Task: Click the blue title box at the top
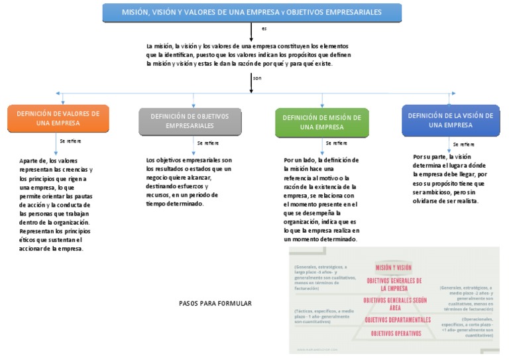point(252,12)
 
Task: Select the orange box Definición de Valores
point(58,118)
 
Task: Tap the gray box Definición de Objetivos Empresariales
point(190,121)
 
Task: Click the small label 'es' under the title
point(264,29)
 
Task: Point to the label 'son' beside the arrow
point(257,78)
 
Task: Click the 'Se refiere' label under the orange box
point(70,142)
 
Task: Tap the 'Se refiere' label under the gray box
point(207,143)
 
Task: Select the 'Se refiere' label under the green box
point(335,143)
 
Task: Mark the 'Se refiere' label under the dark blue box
point(464,144)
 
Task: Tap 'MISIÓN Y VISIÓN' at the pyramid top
point(394,267)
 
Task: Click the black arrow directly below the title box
point(251,32)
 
